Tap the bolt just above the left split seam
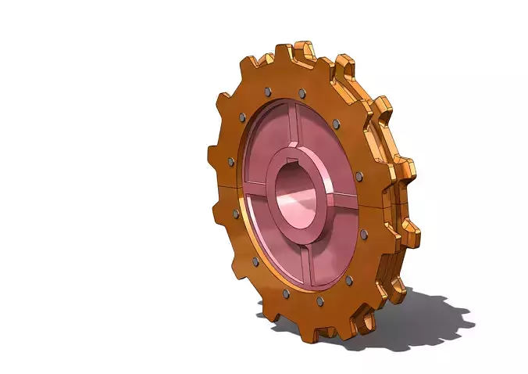(230, 161)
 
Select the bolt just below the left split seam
(235, 213)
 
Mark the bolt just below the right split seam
(363, 233)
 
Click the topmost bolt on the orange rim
(268, 91)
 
